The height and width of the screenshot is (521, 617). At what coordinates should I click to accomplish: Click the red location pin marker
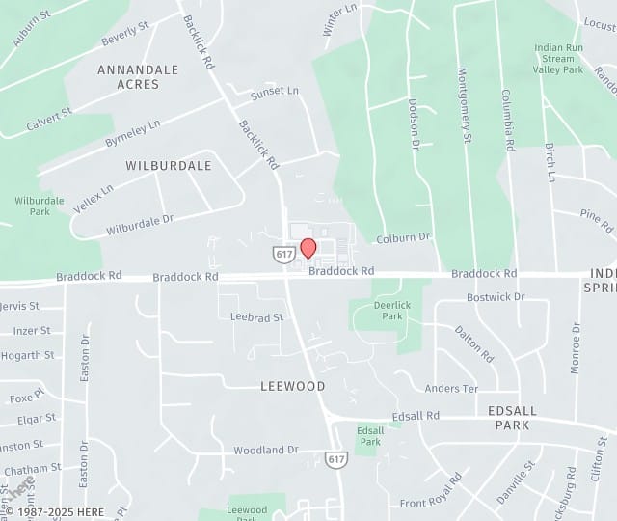click(308, 248)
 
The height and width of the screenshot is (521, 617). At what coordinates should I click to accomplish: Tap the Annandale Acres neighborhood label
click(138, 77)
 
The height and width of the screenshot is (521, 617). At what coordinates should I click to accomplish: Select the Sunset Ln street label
click(275, 92)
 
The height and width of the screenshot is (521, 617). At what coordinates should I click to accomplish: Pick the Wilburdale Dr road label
click(140, 225)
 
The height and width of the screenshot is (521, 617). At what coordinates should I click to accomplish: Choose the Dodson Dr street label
click(415, 123)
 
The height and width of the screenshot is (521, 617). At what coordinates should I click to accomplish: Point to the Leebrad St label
click(256, 316)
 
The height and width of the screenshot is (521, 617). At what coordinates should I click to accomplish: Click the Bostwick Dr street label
click(496, 297)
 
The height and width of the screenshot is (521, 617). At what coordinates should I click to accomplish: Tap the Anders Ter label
click(451, 388)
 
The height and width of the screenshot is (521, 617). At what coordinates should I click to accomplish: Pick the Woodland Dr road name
click(266, 450)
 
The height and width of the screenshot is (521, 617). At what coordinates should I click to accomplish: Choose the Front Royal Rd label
click(431, 491)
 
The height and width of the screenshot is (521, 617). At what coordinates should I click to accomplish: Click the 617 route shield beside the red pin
click(283, 255)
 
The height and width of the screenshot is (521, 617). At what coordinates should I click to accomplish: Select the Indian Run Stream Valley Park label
click(558, 58)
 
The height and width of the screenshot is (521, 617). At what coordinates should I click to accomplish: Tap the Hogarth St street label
click(28, 355)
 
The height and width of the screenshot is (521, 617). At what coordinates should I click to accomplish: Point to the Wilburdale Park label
click(40, 206)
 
